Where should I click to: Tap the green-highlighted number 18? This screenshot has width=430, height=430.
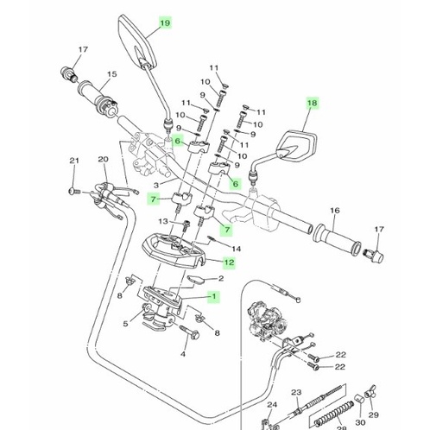(x=312, y=103)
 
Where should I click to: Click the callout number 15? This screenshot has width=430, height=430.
(x=112, y=74)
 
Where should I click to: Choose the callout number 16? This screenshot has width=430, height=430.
(x=334, y=210)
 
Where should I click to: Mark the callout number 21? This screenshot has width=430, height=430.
(x=73, y=161)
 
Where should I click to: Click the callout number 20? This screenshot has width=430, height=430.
(x=103, y=160)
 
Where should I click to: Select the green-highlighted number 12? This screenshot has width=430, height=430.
(x=229, y=262)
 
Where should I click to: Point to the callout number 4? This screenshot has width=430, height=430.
(x=183, y=354)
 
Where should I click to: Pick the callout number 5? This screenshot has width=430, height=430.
(x=126, y=325)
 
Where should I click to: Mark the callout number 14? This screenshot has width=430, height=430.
(x=237, y=249)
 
